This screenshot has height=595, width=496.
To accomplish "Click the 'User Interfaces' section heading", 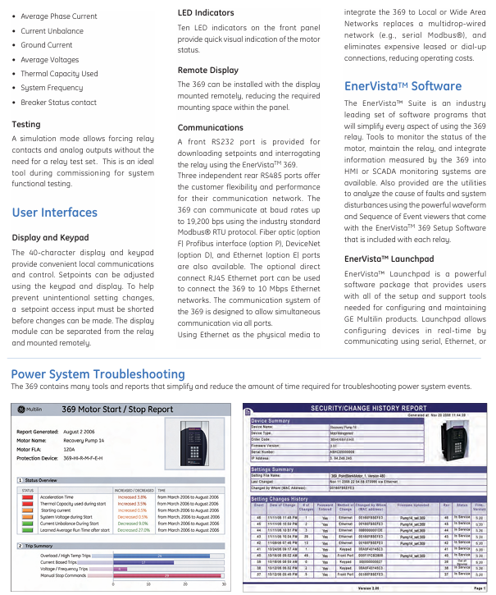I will [54, 213].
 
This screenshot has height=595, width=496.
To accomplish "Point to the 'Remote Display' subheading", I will [208, 71].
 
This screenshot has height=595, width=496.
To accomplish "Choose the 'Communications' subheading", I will [211, 128].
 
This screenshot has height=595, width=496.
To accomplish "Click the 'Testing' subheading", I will [26, 125].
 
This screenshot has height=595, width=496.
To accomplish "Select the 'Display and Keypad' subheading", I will [51, 238].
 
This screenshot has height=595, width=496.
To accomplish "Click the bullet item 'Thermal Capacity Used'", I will [59, 74].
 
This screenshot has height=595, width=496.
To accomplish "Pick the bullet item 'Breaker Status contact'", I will [58, 103].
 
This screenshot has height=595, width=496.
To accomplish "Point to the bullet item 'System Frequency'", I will [52, 88].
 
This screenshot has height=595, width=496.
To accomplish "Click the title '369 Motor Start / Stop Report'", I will [117, 409].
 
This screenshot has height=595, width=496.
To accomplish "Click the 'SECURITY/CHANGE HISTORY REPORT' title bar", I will [368, 407].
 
